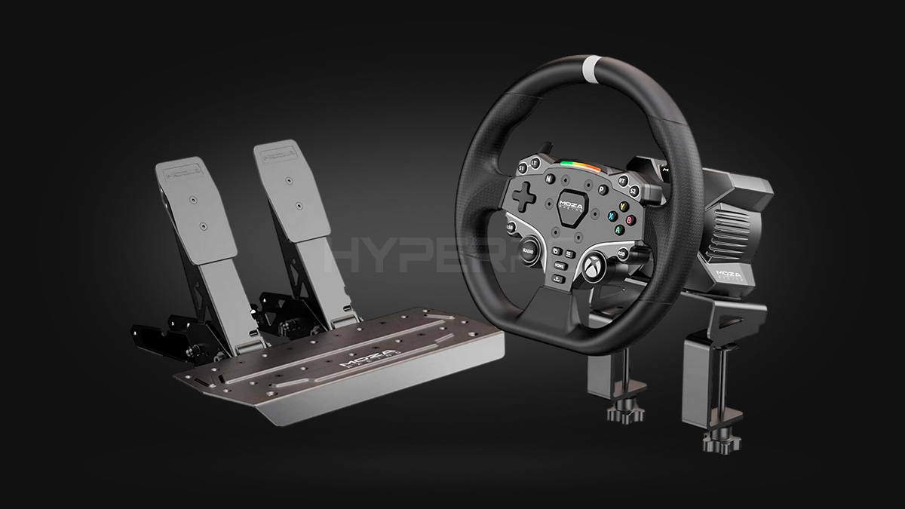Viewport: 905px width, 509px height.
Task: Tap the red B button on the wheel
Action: tap(630, 219)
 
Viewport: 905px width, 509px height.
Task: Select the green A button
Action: tap(618, 228)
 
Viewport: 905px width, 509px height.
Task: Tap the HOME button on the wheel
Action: tap(558, 265)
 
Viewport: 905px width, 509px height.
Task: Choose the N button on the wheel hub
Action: tap(550, 179)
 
